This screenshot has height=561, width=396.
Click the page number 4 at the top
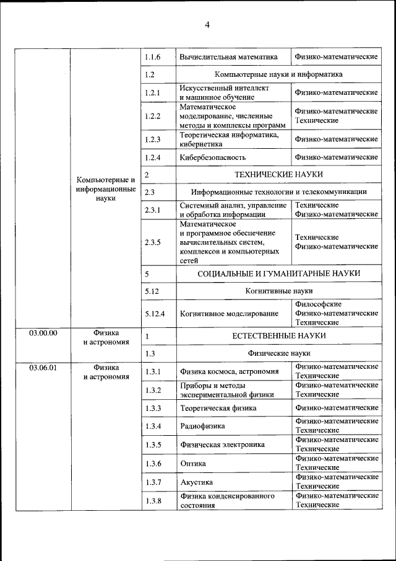point(207,25)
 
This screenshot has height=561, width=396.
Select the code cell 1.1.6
point(152,57)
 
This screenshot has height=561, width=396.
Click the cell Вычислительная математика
point(228,57)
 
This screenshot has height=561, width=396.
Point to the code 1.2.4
point(152,157)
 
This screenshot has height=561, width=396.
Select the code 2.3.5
point(152,242)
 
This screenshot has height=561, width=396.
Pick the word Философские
point(318,304)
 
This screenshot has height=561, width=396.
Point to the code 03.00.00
point(43,333)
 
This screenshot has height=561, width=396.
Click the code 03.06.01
point(43,368)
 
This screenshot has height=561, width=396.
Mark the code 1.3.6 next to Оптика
point(152,464)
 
